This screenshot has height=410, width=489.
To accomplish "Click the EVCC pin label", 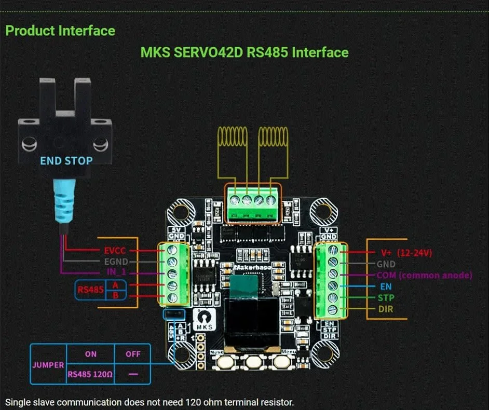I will (x=115, y=250).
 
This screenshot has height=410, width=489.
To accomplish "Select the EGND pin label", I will (x=115, y=262).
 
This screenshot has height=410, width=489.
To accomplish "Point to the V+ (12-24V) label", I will (x=406, y=253).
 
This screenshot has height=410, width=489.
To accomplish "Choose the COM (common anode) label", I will (x=424, y=275).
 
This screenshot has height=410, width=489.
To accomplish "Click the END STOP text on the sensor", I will (x=66, y=161).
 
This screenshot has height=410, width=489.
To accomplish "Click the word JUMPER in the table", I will (x=47, y=365).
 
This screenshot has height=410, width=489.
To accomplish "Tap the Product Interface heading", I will (x=60, y=31).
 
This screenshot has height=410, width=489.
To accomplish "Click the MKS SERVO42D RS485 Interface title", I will (x=244, y=52).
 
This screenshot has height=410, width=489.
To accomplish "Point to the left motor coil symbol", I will (x=232, y=139).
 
